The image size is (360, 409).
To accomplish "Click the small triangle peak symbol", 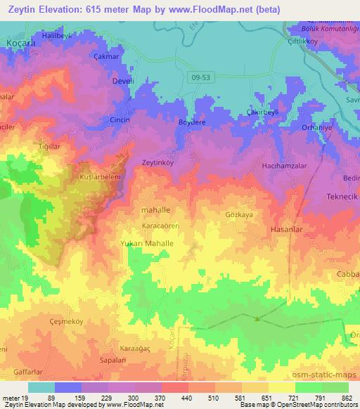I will click(x=257, y=319).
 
